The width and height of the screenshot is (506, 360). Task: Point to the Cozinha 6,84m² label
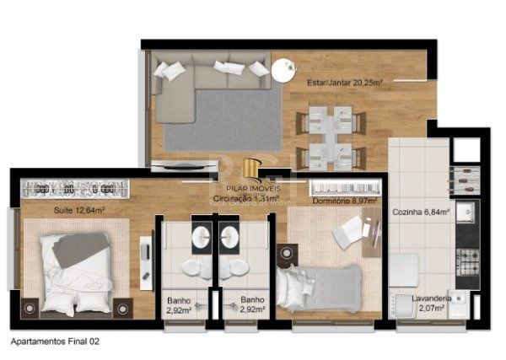pyautogui.click(x=420, y=212)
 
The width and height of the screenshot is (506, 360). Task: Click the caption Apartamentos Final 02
pyautogui.click(x=55, y=341)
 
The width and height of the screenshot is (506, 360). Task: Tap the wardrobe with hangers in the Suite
pyautogui.click(x=72, y=188)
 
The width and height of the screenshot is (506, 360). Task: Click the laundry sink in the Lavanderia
pyautogui.click(x=460, y=299)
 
